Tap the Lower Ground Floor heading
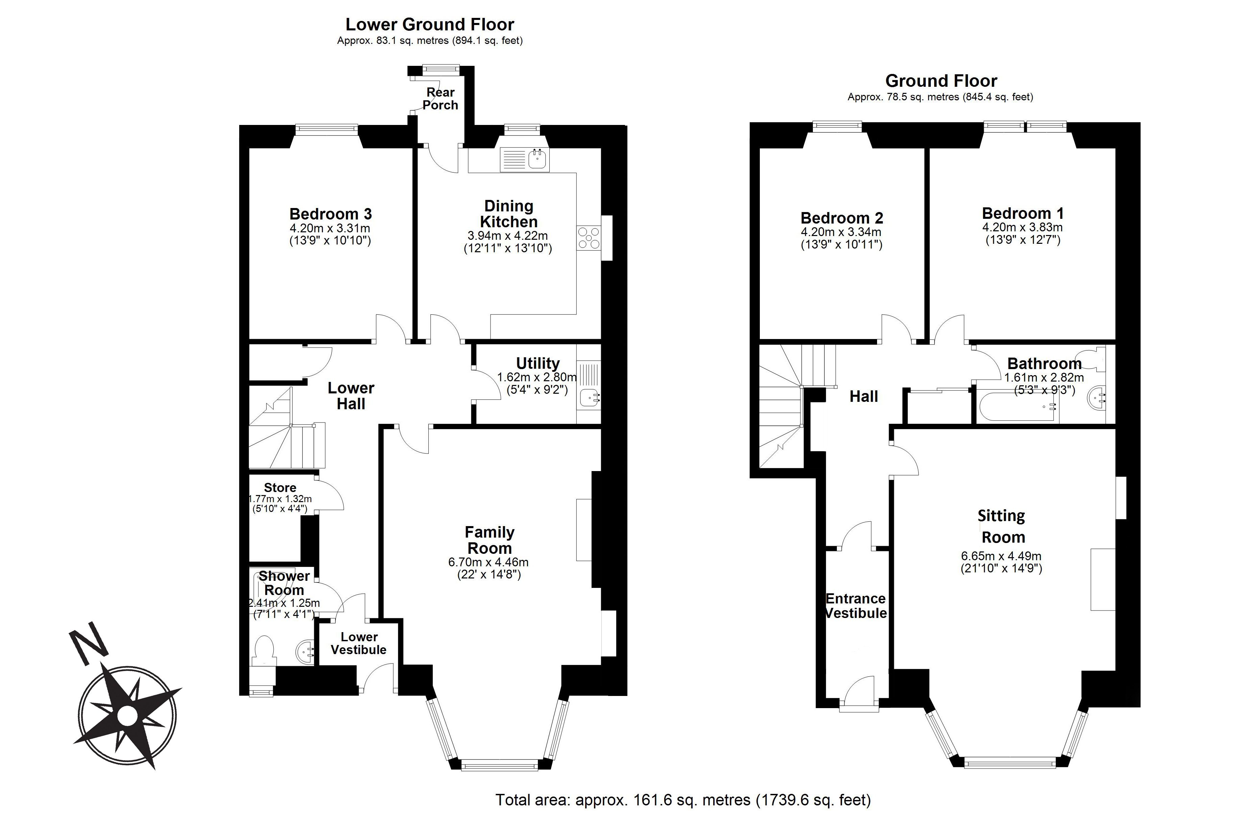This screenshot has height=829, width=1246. point(429,24)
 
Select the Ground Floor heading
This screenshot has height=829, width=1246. point(941,81)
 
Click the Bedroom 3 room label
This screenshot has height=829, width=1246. point(330,214)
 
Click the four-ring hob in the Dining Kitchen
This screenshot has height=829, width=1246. point(589,237)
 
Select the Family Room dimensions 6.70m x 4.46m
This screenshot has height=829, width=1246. point(488,562)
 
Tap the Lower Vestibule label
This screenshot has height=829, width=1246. point(358,643)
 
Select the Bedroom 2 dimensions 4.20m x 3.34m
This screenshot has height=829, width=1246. point(841,232)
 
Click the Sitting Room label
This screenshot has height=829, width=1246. point(1002,526)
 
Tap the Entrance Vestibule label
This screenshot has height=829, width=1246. point(856,606)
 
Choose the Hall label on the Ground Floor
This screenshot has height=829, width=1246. point(864,396)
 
